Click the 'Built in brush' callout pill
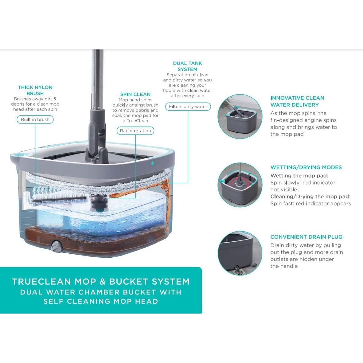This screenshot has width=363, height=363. coord(35,119)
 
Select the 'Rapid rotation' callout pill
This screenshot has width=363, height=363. coord(135,131)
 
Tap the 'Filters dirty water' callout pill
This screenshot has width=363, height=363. coord(188,107)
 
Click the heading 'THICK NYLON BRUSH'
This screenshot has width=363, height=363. coord(35,90)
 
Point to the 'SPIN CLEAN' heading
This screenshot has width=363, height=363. coord(135,94)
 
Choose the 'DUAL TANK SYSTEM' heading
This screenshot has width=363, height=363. coord(187,66)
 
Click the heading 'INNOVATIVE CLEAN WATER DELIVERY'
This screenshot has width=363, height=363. coord(297,101)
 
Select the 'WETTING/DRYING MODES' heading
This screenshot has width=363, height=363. coord(306,167)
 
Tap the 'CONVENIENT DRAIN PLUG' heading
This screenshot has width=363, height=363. coord(306,237)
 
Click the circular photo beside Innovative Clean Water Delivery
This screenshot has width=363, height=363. coord(240,117)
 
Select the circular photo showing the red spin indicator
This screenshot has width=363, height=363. coord(240,185)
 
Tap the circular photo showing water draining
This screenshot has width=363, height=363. coord(240,253)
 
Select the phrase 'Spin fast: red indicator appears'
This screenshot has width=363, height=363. coord(310,203)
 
